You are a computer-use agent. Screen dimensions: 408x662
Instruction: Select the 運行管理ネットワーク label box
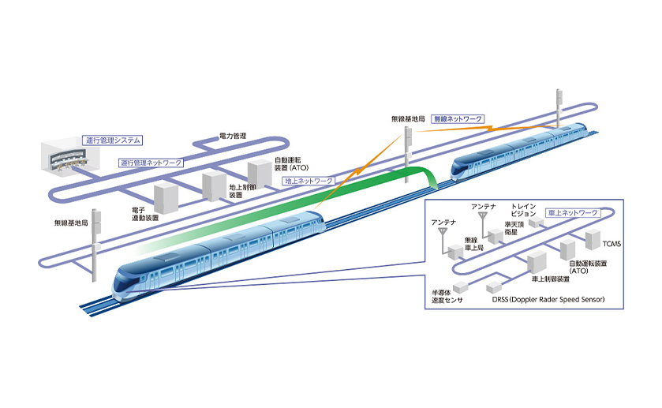(151, 163)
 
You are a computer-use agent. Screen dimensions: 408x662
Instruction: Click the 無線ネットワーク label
(458, 118)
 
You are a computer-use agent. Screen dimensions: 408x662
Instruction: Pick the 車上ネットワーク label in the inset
(571, 212)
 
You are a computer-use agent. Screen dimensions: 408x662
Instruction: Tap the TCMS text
(610, 244)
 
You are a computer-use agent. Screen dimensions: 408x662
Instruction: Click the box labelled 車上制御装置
(539, 260)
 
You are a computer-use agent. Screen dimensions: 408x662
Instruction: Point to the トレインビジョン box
(537, 223)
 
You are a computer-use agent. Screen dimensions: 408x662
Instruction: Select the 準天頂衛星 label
(515, 228)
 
